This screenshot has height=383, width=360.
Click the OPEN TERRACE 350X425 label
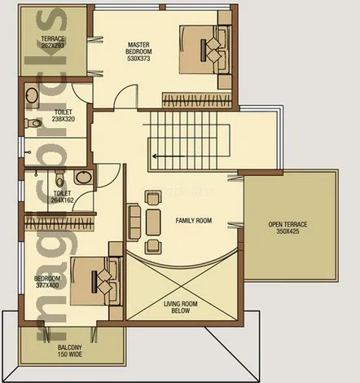[x=289, y=228]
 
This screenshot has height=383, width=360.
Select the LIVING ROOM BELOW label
[x=182, y=308]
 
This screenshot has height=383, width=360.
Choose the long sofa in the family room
[x=134, y=218]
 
